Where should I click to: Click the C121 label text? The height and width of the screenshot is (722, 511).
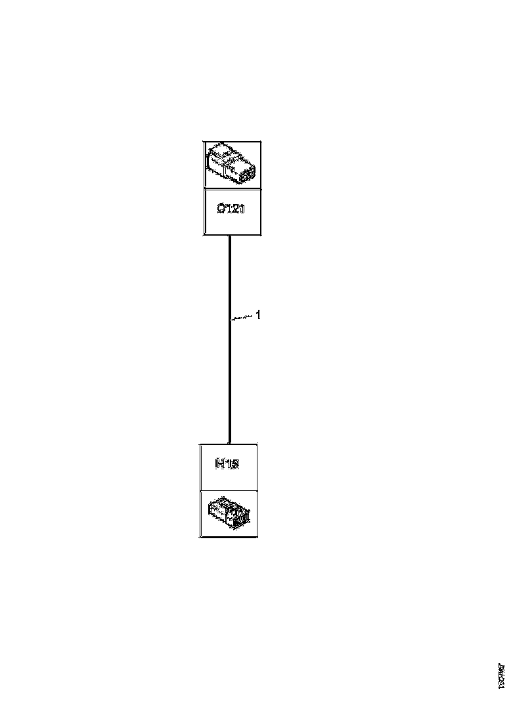[x=231, y=210]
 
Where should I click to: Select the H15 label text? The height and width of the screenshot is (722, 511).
[x=227, y=464]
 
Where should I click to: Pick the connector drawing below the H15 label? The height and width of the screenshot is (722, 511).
[x=229, y=514]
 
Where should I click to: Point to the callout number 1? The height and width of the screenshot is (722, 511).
[x=258, y=315]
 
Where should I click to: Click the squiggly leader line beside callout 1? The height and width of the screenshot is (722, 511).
[x=242, y=318]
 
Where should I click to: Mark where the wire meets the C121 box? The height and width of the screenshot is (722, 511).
[x=229, y=236]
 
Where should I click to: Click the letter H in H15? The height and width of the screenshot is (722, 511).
[x=221, y=464]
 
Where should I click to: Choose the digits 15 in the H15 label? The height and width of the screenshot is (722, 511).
[x=232, y=464]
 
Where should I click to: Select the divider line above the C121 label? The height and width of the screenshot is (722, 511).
[x=232, y=189]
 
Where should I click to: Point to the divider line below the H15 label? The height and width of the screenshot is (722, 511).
[x=229, y=490]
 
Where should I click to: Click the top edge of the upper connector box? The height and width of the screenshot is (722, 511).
[x=232, y=141]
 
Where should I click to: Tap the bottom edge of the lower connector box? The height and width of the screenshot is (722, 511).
[x=229, y=538]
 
